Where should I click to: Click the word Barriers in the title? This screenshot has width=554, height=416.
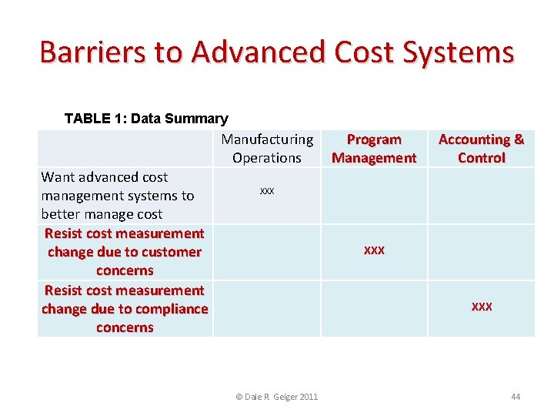[x=87, y=52]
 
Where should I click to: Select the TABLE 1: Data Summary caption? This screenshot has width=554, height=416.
[x=146, y=119]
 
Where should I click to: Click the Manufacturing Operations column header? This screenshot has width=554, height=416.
[x=267, y=149]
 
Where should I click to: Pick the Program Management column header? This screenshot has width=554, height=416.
[x=374, y=149]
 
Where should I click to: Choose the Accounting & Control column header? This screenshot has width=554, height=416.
[x=481, y=149]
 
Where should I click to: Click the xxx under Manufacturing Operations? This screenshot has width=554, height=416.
[x=267, y=190]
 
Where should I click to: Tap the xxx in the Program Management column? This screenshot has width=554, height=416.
[x=374, y=250]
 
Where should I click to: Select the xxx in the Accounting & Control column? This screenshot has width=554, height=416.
[x=482, y=307]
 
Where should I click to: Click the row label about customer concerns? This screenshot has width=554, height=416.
[x=125, y=252]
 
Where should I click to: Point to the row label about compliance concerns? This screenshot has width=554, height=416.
[x=125, y=309]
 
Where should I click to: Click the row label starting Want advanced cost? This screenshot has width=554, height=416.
[x=117, y=196]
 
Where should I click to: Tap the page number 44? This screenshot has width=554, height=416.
[x=516, y=397]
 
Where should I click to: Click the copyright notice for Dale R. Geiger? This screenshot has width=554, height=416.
[x=276, y=397]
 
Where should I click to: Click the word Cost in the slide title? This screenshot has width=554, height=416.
[x=355, y=52]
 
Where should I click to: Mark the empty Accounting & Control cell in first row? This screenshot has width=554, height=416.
[x=481, y=196]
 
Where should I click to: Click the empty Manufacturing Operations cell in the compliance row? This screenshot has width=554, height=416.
[x=267, y=308]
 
